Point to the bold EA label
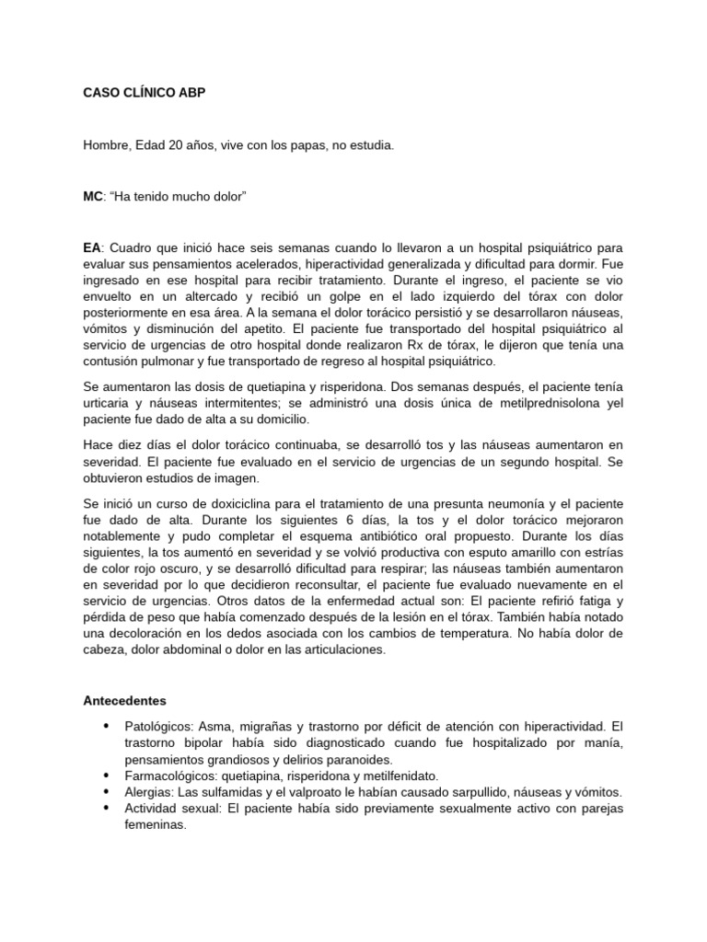(91, 249)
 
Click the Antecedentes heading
(123, 701)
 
